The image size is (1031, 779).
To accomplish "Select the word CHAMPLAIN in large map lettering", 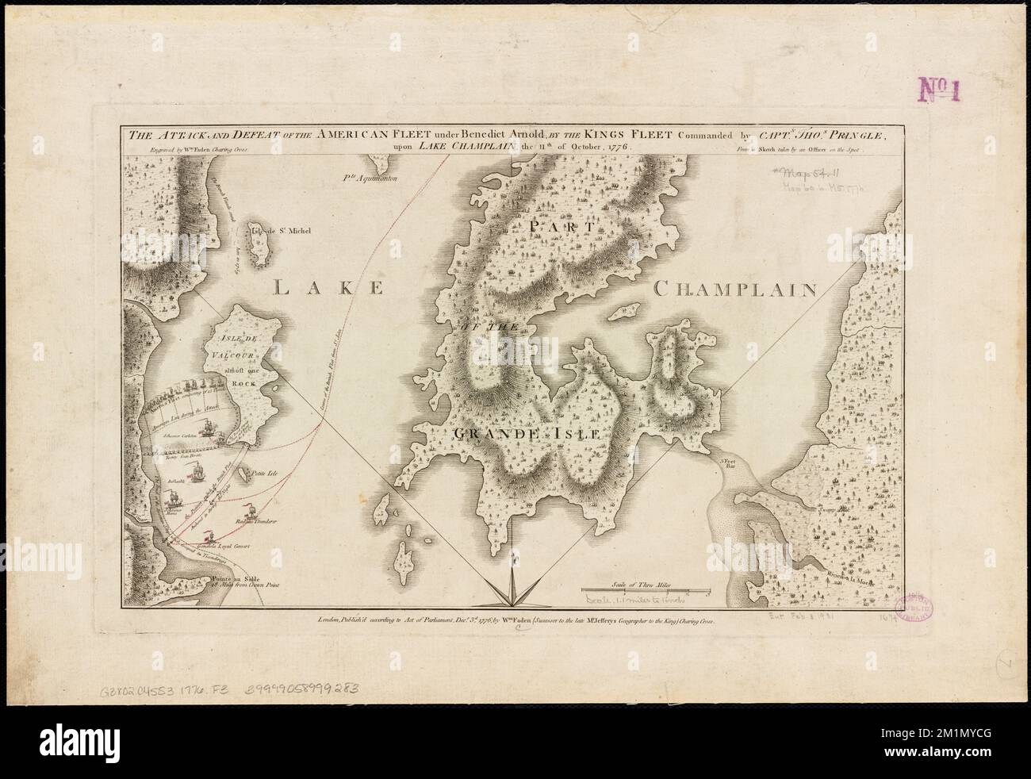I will tap(734, 290).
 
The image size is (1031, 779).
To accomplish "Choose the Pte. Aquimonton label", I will tap(369, 178).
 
